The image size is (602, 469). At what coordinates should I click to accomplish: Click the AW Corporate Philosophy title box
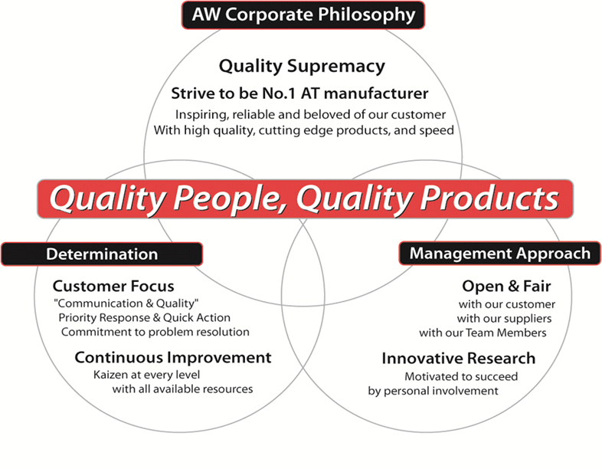[303, 15]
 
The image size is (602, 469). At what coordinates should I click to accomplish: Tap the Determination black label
[102, 254]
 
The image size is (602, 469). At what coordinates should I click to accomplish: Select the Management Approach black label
[500, 253]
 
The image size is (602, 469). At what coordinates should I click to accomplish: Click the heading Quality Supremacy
[302, 66]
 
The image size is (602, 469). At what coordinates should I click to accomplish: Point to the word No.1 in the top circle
[278, 93]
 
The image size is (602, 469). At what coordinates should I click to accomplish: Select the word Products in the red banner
[489, 198]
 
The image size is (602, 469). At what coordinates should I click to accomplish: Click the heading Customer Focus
[113, 286]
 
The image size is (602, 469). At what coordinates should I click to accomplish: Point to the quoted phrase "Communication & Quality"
[126, 303]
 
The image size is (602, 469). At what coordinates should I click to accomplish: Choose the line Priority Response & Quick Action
[144, 318]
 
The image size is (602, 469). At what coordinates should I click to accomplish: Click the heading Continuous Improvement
[173, 358]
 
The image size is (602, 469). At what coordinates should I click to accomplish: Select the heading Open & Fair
[506, 286]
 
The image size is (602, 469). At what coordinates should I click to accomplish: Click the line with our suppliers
[504, 319]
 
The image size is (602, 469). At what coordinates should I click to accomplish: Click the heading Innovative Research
[459, 359]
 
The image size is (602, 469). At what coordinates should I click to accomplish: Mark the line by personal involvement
[433, 391]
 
